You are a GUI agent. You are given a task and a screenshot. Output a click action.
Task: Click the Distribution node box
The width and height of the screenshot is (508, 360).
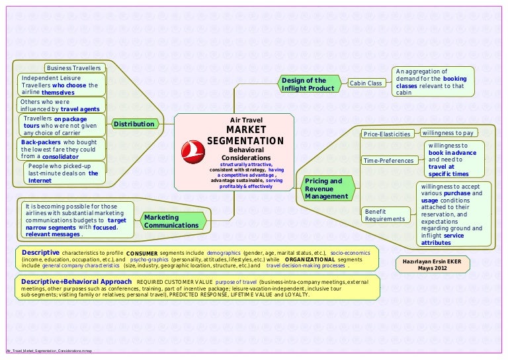tap(134, 124)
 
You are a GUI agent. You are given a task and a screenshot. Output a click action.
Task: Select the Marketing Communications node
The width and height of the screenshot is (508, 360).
tap(171, 222)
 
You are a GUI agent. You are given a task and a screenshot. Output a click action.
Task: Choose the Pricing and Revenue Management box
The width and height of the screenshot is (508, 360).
tap(326, 189)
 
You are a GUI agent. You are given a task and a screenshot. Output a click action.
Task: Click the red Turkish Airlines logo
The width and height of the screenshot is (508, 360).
tap(192, 152)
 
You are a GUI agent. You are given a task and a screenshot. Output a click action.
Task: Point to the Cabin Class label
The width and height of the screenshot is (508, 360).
tap(366, 83)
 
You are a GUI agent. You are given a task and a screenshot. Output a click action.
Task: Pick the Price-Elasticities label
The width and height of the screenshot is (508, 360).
tap(387, 134)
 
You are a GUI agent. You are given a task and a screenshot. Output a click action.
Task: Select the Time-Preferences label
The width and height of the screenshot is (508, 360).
tap(389, 161)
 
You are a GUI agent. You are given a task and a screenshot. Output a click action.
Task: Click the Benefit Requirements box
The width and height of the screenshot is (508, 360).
tap(385, 214)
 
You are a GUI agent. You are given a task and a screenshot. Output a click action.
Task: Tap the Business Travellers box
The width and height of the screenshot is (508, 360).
tap(73, 68)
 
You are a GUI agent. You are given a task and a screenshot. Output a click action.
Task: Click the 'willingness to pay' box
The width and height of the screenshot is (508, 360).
tap(448, 133)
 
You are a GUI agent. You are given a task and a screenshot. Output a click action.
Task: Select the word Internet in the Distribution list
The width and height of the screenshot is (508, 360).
tap(40, 180)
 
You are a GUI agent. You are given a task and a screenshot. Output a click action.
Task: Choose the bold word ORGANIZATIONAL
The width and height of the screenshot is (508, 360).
tap(308, 259)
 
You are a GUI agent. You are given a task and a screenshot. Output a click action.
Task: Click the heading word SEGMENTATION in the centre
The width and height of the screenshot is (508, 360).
tap(245, 141)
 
